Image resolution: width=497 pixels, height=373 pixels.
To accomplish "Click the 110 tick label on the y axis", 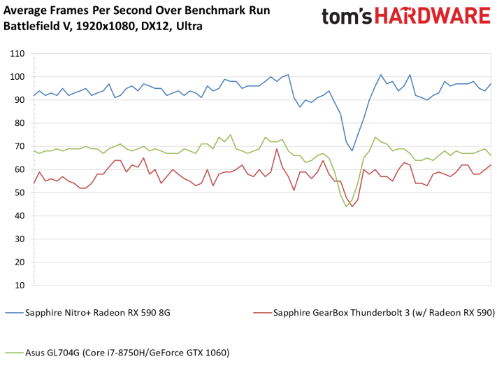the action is point(17,54).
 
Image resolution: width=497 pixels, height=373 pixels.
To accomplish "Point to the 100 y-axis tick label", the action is point(17,77).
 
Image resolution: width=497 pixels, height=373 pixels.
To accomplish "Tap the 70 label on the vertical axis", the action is point(20,146).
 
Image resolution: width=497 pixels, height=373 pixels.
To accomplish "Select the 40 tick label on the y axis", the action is point(20,216).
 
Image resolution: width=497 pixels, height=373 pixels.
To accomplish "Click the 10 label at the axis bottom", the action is point(20,286).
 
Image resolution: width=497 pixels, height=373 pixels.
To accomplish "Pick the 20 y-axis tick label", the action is point(20,262).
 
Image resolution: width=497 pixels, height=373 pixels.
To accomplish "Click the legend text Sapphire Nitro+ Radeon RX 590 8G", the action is point(98,313).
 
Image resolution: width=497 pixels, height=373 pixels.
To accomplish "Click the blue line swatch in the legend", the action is point(14,313).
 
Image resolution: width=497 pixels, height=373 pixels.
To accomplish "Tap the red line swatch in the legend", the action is point(262,313).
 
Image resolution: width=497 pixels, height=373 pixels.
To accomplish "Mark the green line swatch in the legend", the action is point(14,353).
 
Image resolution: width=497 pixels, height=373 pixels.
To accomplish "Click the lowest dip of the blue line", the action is point(352,150).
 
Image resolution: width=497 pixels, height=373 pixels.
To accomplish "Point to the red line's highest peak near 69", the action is point(277,148).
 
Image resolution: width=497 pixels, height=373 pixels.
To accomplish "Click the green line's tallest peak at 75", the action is point(231,134).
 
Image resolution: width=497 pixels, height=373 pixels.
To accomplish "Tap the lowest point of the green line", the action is point(346,206).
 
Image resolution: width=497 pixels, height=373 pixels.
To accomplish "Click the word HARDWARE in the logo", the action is point(433,16).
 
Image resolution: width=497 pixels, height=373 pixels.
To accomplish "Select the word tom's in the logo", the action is point(347,17).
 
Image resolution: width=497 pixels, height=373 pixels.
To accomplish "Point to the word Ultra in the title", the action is point(189,26).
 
